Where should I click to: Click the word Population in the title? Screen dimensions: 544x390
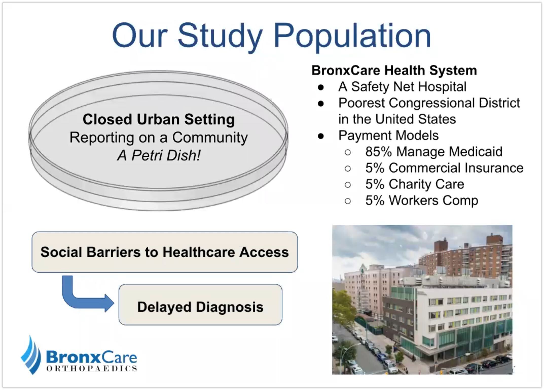[352, 36]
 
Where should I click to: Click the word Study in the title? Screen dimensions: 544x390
[220, 36]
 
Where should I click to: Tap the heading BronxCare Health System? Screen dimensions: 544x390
[394, 70]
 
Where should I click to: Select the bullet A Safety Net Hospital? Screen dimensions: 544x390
[402, 87]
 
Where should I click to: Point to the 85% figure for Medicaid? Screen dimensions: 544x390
[378, 152]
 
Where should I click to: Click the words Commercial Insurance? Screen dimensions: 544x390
[456, 168]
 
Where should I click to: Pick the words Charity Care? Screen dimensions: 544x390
[426, 184]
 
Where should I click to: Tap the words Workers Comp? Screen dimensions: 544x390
[433, 201]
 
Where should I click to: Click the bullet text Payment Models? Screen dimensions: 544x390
[388, 135]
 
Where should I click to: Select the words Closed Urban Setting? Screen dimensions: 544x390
[159, 119]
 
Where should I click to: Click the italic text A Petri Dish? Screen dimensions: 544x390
[159, 155]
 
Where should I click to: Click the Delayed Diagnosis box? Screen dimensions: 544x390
[200, 304]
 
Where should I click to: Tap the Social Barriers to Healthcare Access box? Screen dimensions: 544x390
[165, 252]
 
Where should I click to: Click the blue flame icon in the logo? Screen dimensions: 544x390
[31, 355]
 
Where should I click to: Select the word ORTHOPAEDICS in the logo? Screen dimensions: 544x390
[92, 368]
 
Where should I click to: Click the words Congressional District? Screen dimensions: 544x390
[454, 103]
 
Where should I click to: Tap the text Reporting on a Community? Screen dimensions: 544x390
[159, 137]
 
